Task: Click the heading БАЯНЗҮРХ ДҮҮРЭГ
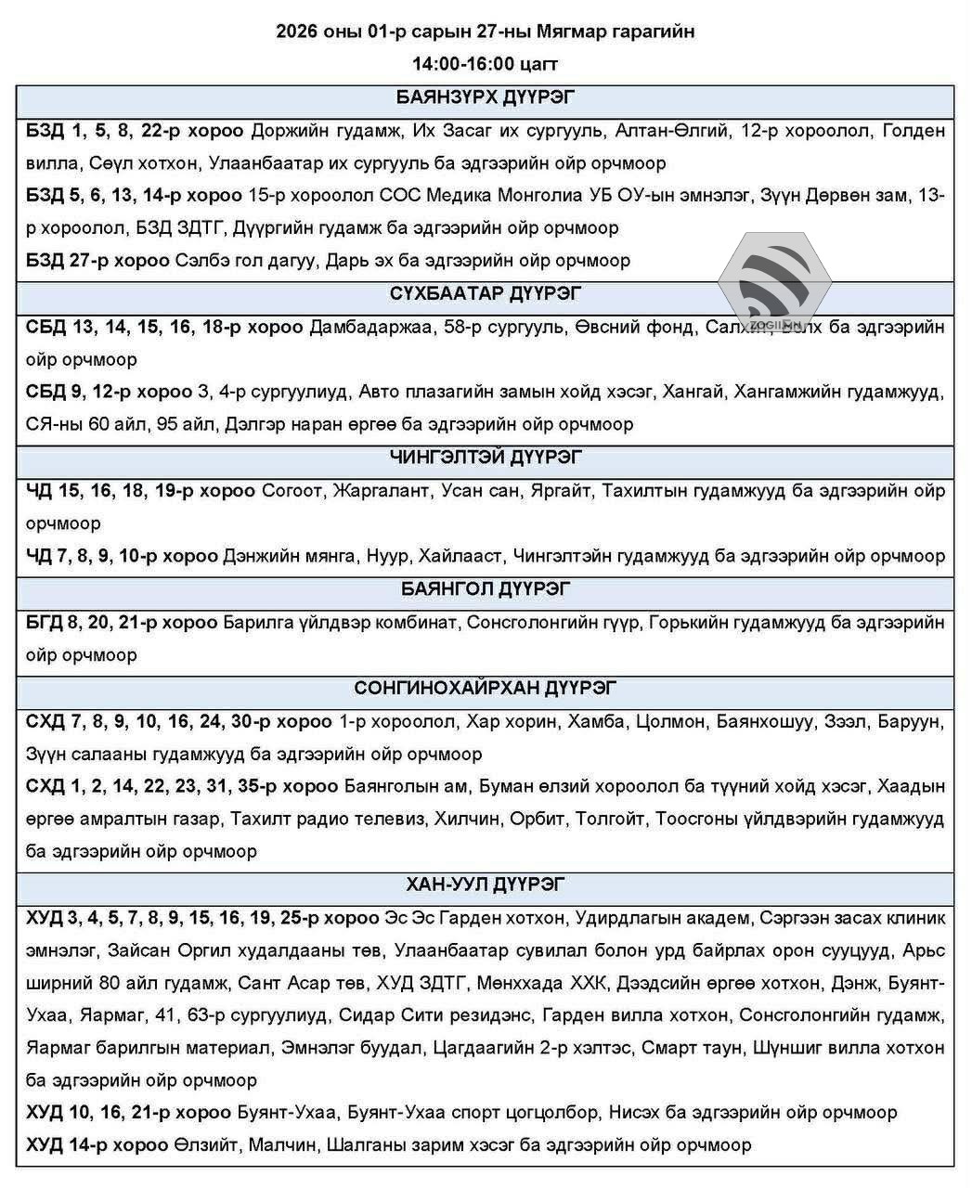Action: (x=486, y=98)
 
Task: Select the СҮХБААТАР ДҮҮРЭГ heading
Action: (x=486, y=294)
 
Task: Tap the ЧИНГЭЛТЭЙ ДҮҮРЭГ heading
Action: (x=486, y=458)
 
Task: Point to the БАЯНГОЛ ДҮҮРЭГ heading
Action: (x=486, y=589)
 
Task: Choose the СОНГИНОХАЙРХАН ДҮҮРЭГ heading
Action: (x=486, y=688)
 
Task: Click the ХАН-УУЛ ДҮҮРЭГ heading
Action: (x=486, y=885)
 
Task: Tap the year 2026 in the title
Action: (x=296, y=32)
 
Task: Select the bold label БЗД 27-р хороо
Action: (x=97, y=261)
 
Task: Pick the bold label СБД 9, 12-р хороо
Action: (x=109, y=392)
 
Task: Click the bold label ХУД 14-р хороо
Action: (x=97, y=1144)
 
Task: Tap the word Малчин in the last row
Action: (x=281, y=1144)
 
